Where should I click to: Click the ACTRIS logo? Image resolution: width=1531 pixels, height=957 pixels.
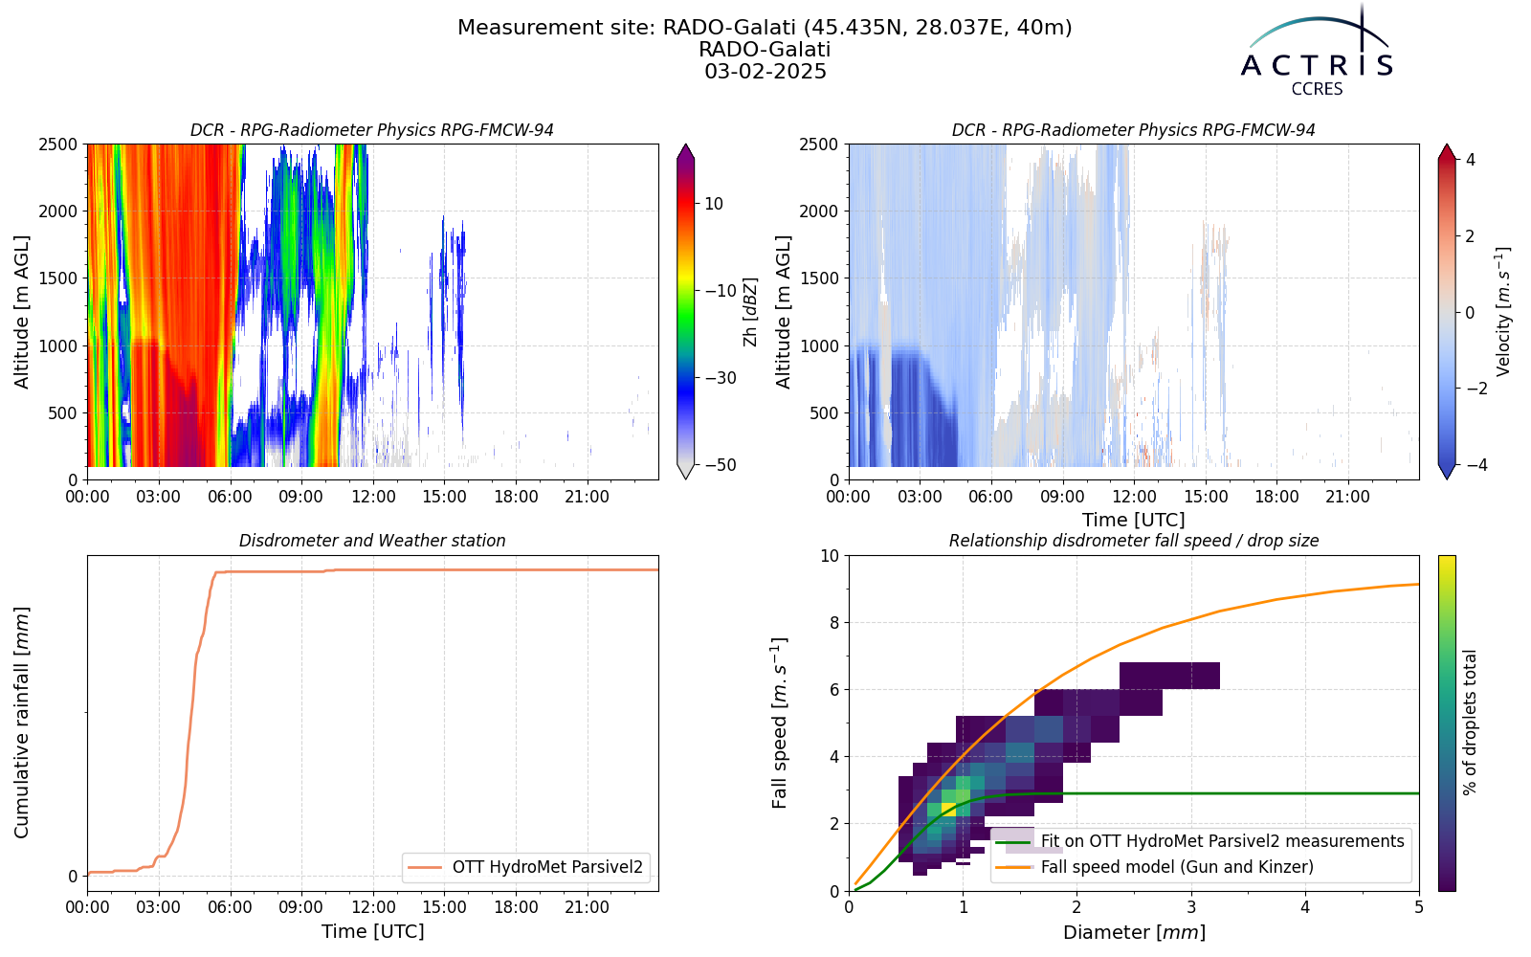pyautogui.click(x=1317, y=52)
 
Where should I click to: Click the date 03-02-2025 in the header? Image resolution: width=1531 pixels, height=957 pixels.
pyautogui.click(x=765, y=71)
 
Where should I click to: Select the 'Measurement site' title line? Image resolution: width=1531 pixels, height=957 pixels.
pyautogui.click(x=765, y=28)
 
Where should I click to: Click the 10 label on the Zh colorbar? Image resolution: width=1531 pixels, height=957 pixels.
pyautogui.click(x=714, y=204)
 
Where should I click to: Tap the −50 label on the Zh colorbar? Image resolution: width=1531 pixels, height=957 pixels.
pyautogui.click(x=720, y=465)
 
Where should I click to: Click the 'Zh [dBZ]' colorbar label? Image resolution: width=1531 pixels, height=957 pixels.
pyautogui.click(x=750, y=312)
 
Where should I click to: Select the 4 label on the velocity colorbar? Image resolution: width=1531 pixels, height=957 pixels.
pyautogui.click(x=1470, y=159)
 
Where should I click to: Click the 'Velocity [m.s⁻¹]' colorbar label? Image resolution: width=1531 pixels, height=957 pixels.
pyautogui.click(x=1502, y=312)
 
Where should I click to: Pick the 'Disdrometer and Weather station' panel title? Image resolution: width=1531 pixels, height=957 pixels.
pyautogui.click(x=372, y=541)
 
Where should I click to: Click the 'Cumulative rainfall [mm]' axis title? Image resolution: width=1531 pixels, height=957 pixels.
pyautogui.click(x=21, y=723)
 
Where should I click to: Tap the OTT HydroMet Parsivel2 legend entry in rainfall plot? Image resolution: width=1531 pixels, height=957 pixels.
pyautogui.click(x=547, y=867)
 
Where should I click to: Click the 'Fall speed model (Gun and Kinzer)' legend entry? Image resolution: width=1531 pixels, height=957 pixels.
pyautogui.click(x=1177, y=867)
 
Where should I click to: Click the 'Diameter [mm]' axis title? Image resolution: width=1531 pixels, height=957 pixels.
pyautogui.click(x=1134, y=932)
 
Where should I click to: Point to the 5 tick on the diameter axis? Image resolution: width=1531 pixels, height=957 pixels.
pyautogui.click(x=1419, y=907)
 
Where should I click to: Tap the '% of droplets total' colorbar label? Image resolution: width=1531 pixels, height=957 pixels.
pyautogui.click(x=1470, y=723)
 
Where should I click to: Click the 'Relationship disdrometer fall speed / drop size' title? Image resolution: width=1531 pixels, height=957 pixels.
pyautogui.click(x=1134, y=541)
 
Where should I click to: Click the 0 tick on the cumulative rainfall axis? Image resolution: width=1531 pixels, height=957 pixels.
pyautogui.click(x=73, y=877)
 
